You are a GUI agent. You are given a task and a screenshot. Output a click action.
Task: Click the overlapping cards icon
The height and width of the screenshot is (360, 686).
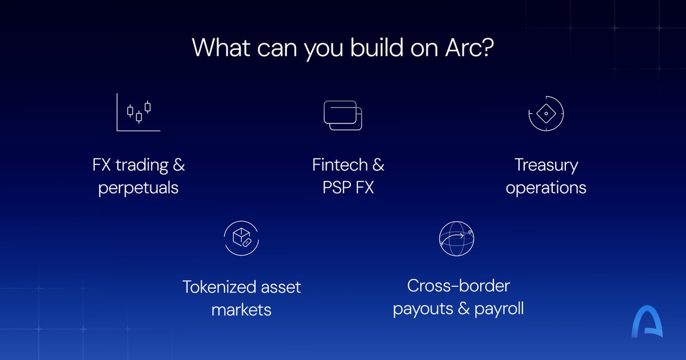pos(343,115)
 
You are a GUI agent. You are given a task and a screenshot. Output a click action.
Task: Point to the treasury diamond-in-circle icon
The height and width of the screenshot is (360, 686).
pos(546,114)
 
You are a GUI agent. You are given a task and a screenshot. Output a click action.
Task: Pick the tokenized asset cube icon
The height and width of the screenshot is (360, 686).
pos(241,238)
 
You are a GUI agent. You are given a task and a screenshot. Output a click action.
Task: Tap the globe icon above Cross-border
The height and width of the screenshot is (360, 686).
pos(457,239)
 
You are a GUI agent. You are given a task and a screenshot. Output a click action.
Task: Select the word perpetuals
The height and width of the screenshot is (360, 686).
pos(138,187)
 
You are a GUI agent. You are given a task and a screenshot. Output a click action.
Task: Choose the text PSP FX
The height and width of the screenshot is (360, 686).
pos(348,187)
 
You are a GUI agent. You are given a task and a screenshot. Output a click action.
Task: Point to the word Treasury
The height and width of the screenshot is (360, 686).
pos(546,165)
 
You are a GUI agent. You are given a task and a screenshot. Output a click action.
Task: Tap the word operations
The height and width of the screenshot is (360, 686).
pos(546,187)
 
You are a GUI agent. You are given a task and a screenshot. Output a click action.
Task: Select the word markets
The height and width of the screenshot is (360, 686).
pos(241,310)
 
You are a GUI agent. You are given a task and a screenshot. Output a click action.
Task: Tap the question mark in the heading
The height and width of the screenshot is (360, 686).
pos(488,47)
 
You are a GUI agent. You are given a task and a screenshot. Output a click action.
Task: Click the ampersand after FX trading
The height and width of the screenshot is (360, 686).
pos(179,165)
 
